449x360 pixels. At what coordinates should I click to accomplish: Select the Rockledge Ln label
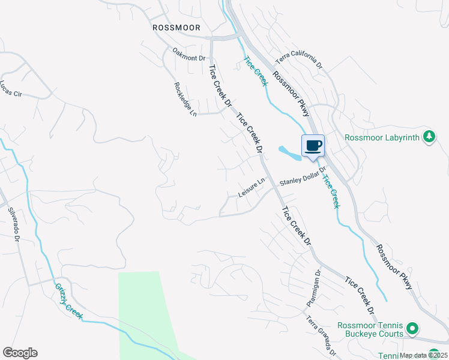(185, 99)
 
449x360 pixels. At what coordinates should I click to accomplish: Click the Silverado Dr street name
(14, 225)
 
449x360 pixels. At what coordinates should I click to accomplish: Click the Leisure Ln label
(251, 189)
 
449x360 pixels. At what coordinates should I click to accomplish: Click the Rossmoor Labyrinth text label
(383, 137)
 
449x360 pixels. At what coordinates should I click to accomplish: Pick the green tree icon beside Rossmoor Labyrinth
(429, 137)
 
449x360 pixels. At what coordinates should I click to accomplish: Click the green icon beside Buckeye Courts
(412, 329)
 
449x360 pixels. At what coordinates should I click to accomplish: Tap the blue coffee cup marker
(313, 146)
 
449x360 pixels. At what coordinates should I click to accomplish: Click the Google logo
(20, 353)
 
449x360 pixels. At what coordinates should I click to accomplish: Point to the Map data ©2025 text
(423, 355)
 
